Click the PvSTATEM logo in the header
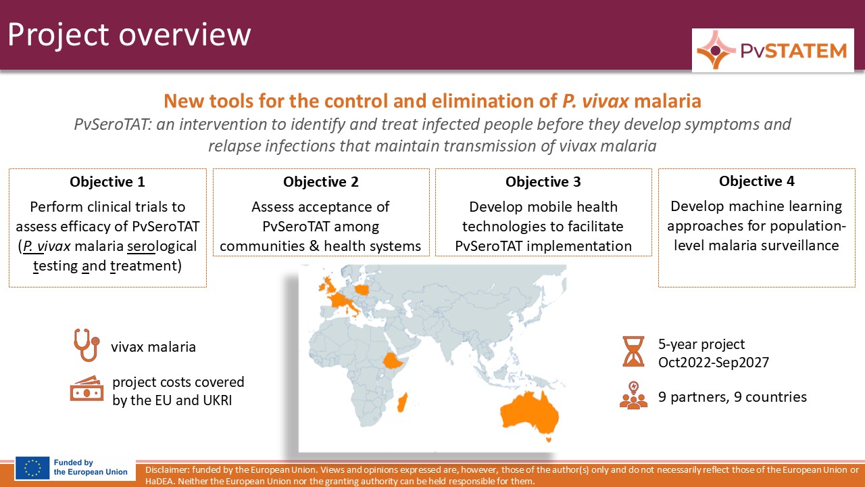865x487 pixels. [x=772, y=50]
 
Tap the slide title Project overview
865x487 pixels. [x=129, y=34]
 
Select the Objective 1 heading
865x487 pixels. [x=107, y=182]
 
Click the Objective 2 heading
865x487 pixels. [x=321, y=182]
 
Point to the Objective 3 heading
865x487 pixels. [x=543, y=182]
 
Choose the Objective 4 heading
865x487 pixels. [x=757, y=181]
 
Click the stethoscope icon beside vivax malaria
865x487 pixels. [x=87, y=345]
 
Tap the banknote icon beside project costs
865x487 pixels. [x=87, y=388]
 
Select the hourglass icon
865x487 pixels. [x=633, y=351]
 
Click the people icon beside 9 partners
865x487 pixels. [x=633, y=396]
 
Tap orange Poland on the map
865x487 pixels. [x=362, y=290]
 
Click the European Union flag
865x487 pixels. [x=32, y=468]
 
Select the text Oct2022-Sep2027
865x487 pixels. [x=714, y=363]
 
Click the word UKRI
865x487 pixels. [x=218, y=400]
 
